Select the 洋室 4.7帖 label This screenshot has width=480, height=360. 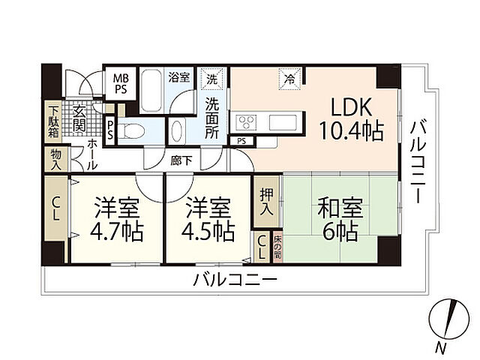coord(115,218)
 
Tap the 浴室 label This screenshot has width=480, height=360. coord(179,76)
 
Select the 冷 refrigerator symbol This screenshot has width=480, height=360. coord(289,77)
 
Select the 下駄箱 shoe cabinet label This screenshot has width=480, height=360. coord(53,120)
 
